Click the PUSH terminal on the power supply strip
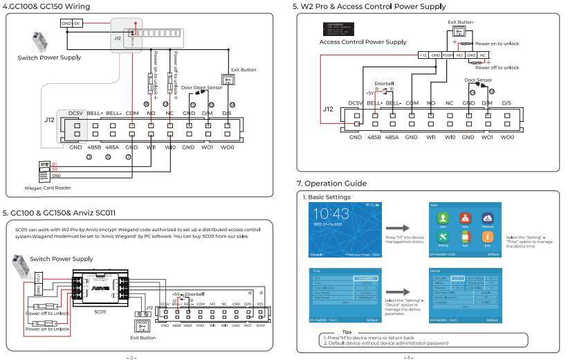[448, 54]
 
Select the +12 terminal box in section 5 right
[423, 54]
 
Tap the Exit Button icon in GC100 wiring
[228, 79]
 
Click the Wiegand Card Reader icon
[45, 170]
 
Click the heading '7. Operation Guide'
[331, 183]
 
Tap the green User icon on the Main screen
[442, 219]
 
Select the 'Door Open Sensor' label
[202, 88]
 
